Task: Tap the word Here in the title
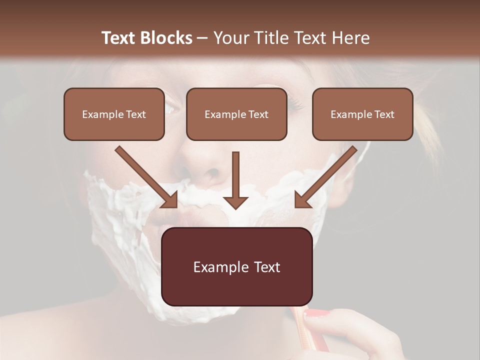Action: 351,38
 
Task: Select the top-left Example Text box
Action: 114,114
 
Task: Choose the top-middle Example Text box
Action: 236,114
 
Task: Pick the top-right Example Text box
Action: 362,114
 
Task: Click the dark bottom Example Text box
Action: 236,266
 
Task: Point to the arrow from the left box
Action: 146,177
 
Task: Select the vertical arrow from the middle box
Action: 235,180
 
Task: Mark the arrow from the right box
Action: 325,177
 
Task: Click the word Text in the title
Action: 120,38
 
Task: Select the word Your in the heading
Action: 230,38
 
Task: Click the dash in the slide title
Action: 202,38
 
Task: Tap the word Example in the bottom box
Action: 218,267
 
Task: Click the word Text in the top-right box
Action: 384,114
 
